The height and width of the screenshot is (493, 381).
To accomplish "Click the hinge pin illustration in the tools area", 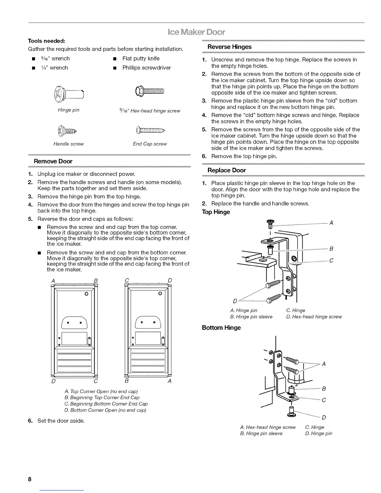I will coord(69,93).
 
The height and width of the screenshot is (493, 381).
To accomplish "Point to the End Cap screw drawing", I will coord(151,130).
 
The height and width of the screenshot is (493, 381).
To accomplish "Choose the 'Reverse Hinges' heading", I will coord(229,47).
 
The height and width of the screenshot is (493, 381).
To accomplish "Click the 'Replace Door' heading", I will coord(227,170).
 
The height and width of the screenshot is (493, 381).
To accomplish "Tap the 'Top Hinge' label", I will coord(216,212).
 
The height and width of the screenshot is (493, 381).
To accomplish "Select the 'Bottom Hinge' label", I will coord(221,328).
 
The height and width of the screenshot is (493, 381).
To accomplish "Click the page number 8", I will coord(30,479).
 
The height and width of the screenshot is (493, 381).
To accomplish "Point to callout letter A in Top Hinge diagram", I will coord(331,223).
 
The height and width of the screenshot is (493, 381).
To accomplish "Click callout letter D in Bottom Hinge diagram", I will coord(324,417).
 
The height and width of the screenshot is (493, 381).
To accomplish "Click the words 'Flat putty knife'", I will coord(141,59).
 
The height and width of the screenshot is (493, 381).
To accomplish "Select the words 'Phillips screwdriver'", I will coord(146,68).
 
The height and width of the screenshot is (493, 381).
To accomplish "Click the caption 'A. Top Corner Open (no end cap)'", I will coord(101,391).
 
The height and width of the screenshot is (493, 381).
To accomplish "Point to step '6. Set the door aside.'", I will coord(61,421).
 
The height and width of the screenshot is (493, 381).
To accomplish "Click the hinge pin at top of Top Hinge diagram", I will coord(270,224).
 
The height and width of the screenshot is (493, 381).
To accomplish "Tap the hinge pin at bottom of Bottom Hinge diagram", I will coord(291,412).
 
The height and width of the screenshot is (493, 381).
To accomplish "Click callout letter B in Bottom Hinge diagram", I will coord(324,388).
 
